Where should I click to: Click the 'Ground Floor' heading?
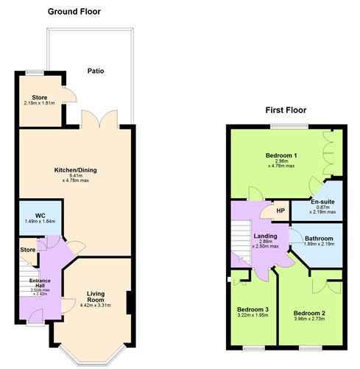coord(74,11)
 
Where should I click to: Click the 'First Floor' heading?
coord(286,110)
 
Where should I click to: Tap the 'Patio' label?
coord(95,71)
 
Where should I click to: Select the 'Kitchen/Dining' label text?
coord(76,170)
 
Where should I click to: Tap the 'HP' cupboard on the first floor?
coord(280,211)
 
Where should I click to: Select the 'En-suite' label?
coord(323,201)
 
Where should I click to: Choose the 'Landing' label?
coord(265,236)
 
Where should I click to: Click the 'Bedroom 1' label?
coord(281,155)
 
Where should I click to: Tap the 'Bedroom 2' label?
coord(308,312)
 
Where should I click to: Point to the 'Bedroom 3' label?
coord(253,309)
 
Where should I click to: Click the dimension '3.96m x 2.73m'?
coord(308,320)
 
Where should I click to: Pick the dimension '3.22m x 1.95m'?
coord(253,315)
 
